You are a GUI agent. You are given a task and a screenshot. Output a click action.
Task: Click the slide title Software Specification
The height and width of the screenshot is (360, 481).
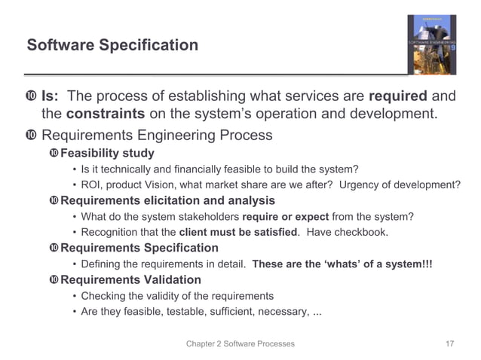(x=112, y=46)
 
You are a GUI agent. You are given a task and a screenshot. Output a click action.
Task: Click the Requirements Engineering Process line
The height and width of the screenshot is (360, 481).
(x=157, y=136)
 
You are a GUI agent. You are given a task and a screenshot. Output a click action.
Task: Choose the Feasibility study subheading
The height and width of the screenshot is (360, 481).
(x=107, y=154)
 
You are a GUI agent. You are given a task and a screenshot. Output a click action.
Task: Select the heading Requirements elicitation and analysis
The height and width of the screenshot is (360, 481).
(x=167, y=201)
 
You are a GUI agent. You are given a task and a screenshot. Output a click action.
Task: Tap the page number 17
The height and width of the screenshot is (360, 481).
(x=449, y=343)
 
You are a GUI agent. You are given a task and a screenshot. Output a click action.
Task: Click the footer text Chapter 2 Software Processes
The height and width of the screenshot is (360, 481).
(x=240, y=343)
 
